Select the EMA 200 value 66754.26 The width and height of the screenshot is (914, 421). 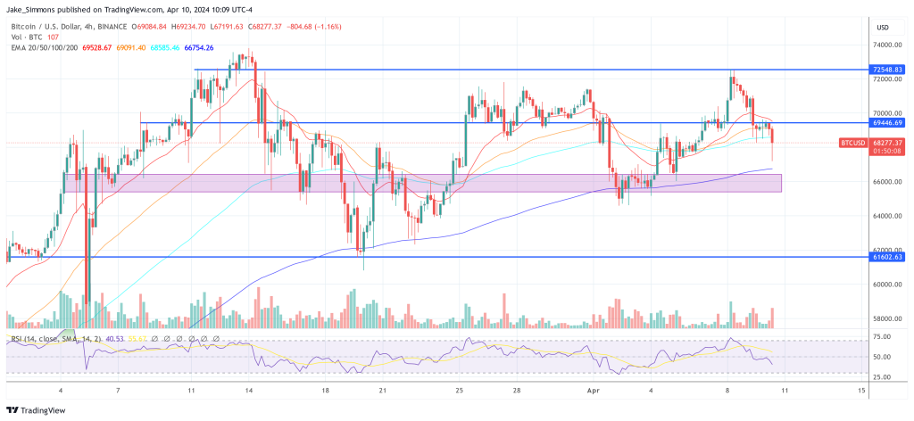[197, 47]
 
